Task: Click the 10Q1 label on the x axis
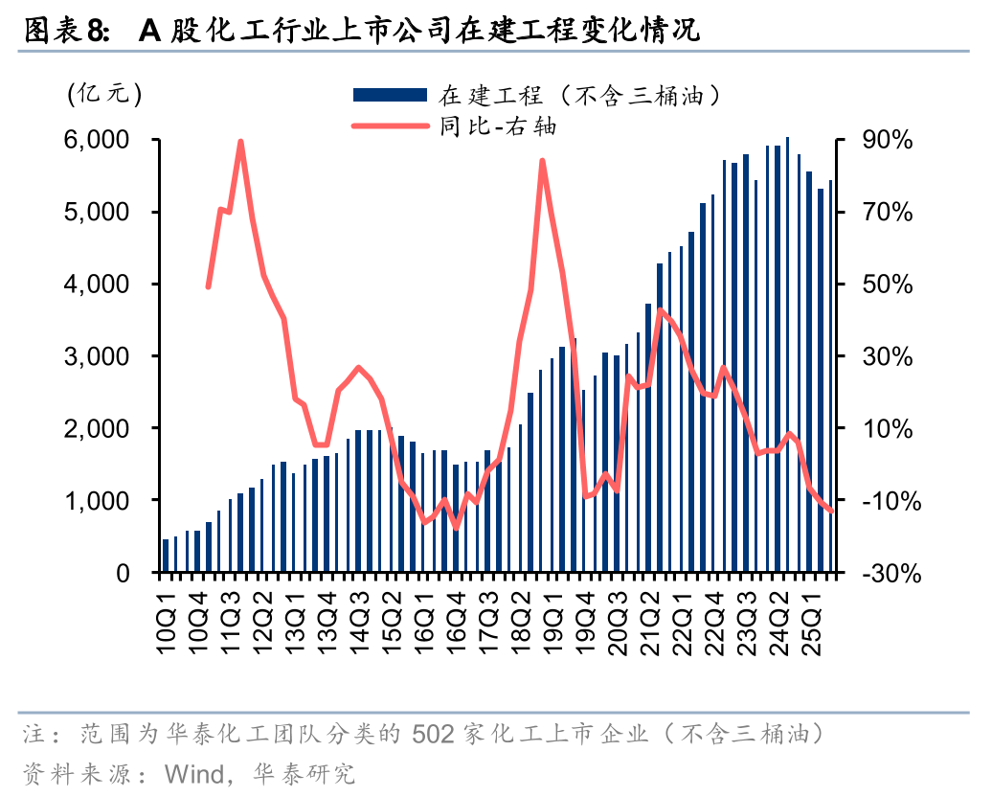tap(167, 624)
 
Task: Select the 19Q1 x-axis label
tap(553, 624)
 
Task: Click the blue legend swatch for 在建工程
tap(389, 95)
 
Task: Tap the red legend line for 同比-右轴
tap(389, 125)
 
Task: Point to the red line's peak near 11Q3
tap(240, 142)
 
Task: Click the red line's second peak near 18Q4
tap(542, 161)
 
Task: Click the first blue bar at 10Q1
tap(166, 556)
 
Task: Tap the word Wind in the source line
tap(194, 773)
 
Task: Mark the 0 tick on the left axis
tap(123, 574)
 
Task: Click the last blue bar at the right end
tap(831, 376)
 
